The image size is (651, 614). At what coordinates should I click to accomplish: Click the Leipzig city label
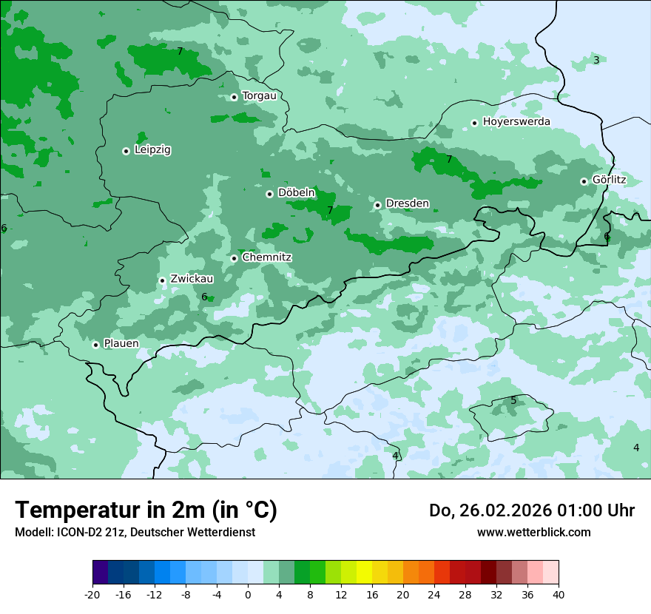pos(152,149)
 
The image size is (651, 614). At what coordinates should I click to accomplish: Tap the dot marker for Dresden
pos(377,205)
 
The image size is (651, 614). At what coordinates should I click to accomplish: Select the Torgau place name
pos(259,96)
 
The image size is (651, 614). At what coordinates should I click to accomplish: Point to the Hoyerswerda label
pos(516,121)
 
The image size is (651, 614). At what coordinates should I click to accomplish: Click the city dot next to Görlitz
pos(584,181)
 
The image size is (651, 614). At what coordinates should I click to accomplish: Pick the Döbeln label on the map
pos(296,193)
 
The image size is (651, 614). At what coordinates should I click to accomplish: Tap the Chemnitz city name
pos(266,257)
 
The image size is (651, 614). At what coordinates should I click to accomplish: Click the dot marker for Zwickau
pos(162,280)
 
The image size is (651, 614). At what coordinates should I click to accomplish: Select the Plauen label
pos(121,343)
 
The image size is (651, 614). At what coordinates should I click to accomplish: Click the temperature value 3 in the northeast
pos(596,60)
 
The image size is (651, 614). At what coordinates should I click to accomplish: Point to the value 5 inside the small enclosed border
pos(513,400)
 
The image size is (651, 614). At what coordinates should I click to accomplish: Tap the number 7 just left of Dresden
pos(330,210)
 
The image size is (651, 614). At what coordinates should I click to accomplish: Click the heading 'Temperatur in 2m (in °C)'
pos(146,510)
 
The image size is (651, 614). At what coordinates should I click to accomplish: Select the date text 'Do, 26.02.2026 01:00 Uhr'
pos(532,510)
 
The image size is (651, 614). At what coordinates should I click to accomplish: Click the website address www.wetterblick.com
pos(533,532)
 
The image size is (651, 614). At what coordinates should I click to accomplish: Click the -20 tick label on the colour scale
pos(92,594)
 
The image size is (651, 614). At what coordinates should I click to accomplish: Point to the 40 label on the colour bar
pos(559,594)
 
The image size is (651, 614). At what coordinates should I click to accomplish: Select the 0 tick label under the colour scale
pos(248,594)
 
